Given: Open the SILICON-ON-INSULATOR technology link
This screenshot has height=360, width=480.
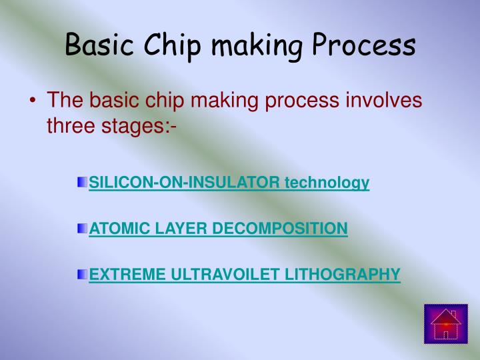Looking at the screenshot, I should click(x=229, y=182).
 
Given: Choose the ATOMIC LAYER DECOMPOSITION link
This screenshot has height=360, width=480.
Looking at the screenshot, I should click(x=218, y=229).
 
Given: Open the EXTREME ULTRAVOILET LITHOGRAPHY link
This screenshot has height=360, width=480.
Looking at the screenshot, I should click(x=244, y=273).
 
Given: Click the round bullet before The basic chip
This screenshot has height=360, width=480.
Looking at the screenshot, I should click(x=33, y=102).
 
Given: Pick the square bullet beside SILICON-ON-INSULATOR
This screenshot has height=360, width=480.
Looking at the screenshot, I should click(x=81, y=182).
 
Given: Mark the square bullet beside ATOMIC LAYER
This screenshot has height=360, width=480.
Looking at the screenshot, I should click(x=81, y=229).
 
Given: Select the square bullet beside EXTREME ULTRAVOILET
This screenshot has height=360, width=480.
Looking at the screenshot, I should click(x=81, y=273).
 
